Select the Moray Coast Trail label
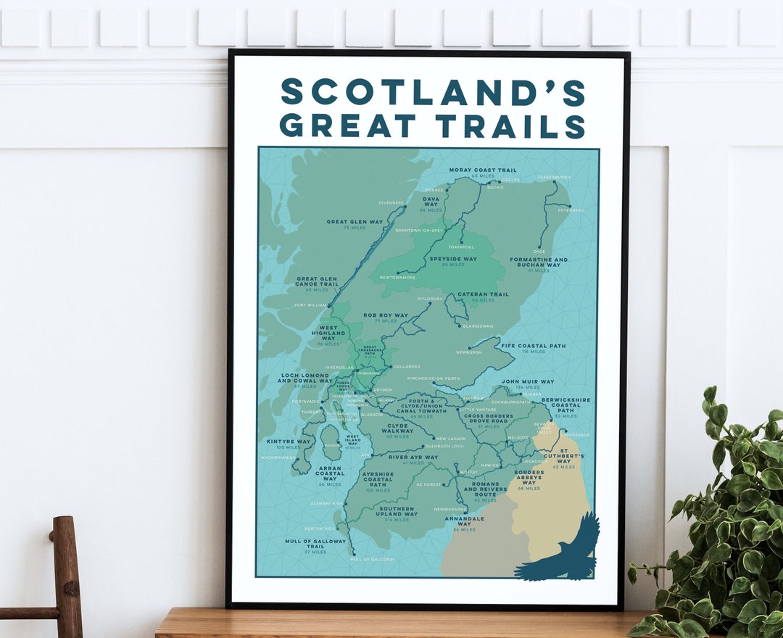click(x=482, y=170)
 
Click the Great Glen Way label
click(x=355, y=222)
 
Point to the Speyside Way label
click(x=453, y=259)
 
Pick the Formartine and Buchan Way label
click(x=539, y=262)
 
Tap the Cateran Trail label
click(x=483, y=294)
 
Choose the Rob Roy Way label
click(x=386, y=315)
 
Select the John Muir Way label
click(x=528, y=381)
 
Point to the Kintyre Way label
click(x=289, y=441)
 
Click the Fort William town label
click(x=310, y=305)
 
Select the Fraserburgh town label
click(x=554, y=177)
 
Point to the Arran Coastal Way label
click(x=330, y=473)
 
